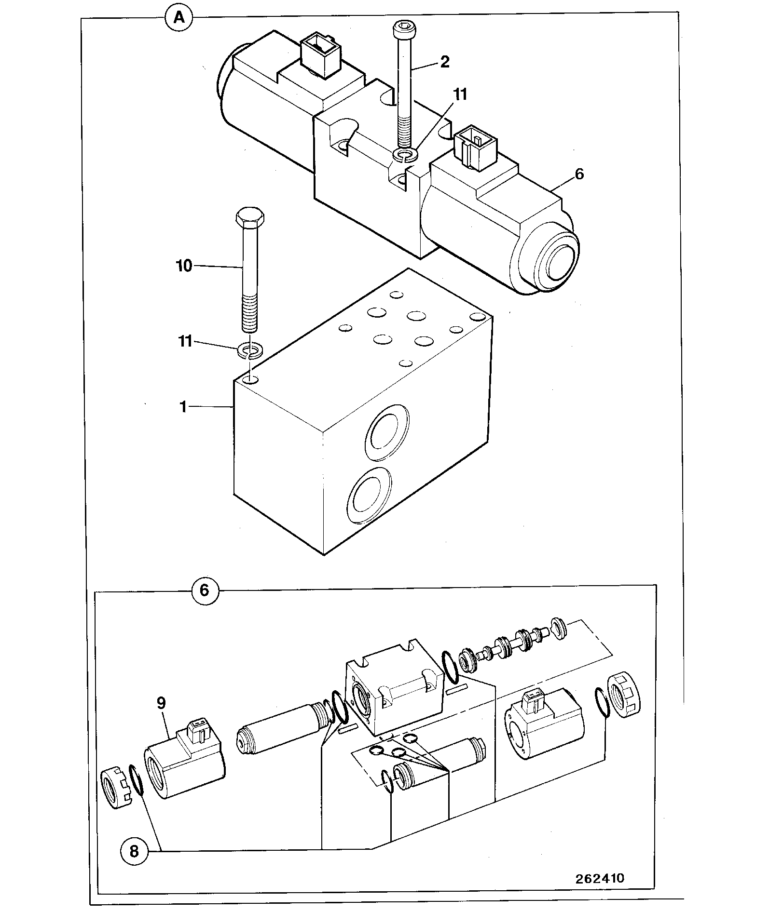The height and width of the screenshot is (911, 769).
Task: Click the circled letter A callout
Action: (179, 19)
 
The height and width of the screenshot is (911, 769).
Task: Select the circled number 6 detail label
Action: (205, 590)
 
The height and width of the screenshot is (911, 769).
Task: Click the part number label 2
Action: (445, 62)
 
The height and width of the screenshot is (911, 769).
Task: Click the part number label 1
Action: (183, 407)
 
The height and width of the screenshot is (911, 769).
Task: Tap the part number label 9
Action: (161, 703)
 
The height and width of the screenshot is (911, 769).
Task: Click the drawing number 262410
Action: (600, 878)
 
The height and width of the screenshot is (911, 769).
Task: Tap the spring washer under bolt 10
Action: (250, 351)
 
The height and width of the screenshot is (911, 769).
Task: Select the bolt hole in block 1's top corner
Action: (250, 380)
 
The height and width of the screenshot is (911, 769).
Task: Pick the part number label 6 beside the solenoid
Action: (579, 174)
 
